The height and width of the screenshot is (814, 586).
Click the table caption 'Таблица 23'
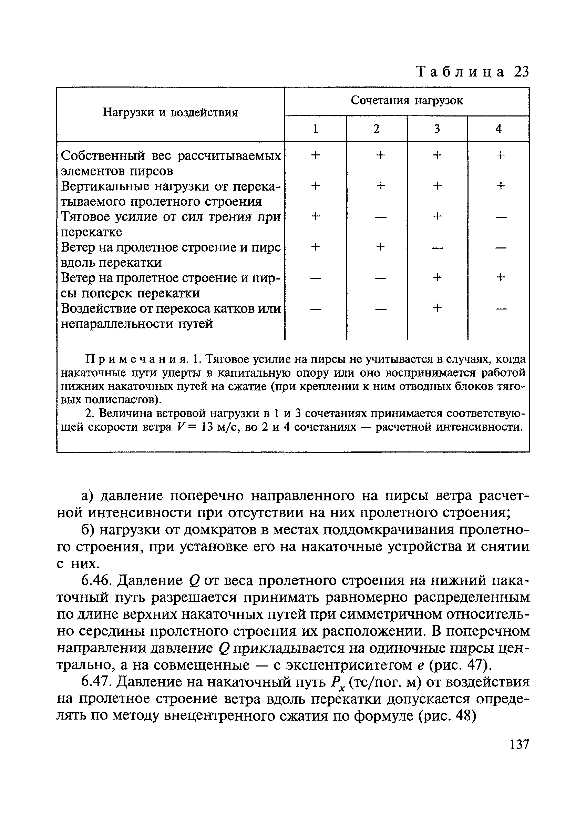[472, 72]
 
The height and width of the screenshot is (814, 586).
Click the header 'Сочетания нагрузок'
[407, 101]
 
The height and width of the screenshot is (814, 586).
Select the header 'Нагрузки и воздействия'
[171, 113]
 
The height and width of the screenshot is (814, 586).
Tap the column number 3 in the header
[437, 129]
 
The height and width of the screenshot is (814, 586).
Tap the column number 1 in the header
[315, 129]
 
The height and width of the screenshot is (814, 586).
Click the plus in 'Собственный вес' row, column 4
[500, 155]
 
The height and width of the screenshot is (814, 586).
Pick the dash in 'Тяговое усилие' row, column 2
[380, 217]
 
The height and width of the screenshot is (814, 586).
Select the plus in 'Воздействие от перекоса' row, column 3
[437, 308]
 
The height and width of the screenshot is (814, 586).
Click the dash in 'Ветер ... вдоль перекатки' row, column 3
[437, 248]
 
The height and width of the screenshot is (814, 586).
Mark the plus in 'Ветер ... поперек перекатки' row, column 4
[500, 277]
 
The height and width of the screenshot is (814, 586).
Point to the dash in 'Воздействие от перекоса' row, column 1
[315, 309]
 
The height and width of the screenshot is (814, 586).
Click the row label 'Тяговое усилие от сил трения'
[171, 217]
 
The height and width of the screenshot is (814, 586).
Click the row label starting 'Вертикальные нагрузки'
[171, 187]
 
